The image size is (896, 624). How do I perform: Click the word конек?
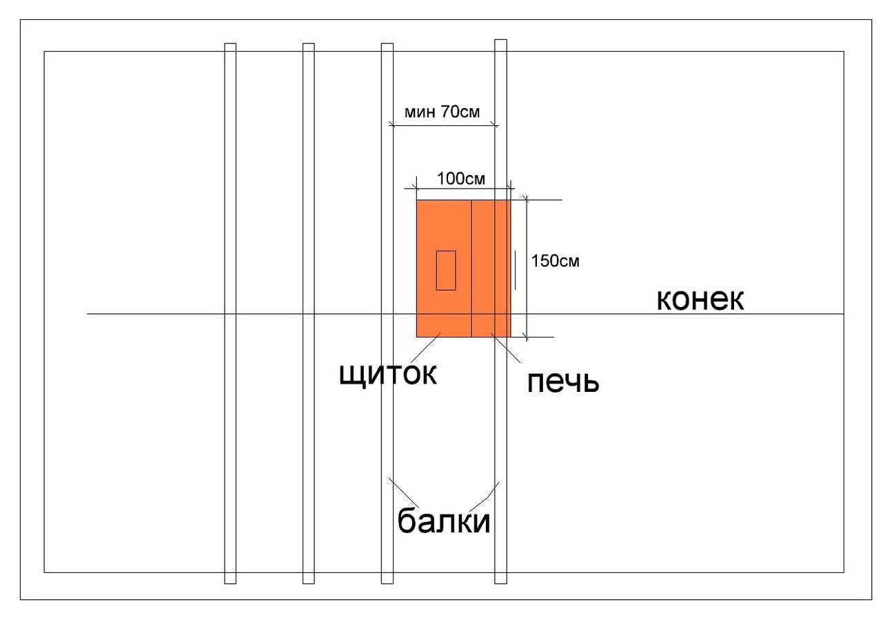click(700, 300)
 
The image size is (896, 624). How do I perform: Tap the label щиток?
click(389, 373)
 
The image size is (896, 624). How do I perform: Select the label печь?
click(563, 382)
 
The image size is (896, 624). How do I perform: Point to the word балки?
click(444, 521)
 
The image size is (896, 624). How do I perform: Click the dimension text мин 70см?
click(442, 112)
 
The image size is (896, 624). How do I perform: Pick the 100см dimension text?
click(461, 179)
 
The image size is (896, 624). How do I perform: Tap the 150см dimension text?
click(555, 261)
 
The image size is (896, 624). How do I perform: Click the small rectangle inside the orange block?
click(445, 270)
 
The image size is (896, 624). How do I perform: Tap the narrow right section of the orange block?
click(491, 269)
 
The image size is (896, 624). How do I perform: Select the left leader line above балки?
click(403, 491)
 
